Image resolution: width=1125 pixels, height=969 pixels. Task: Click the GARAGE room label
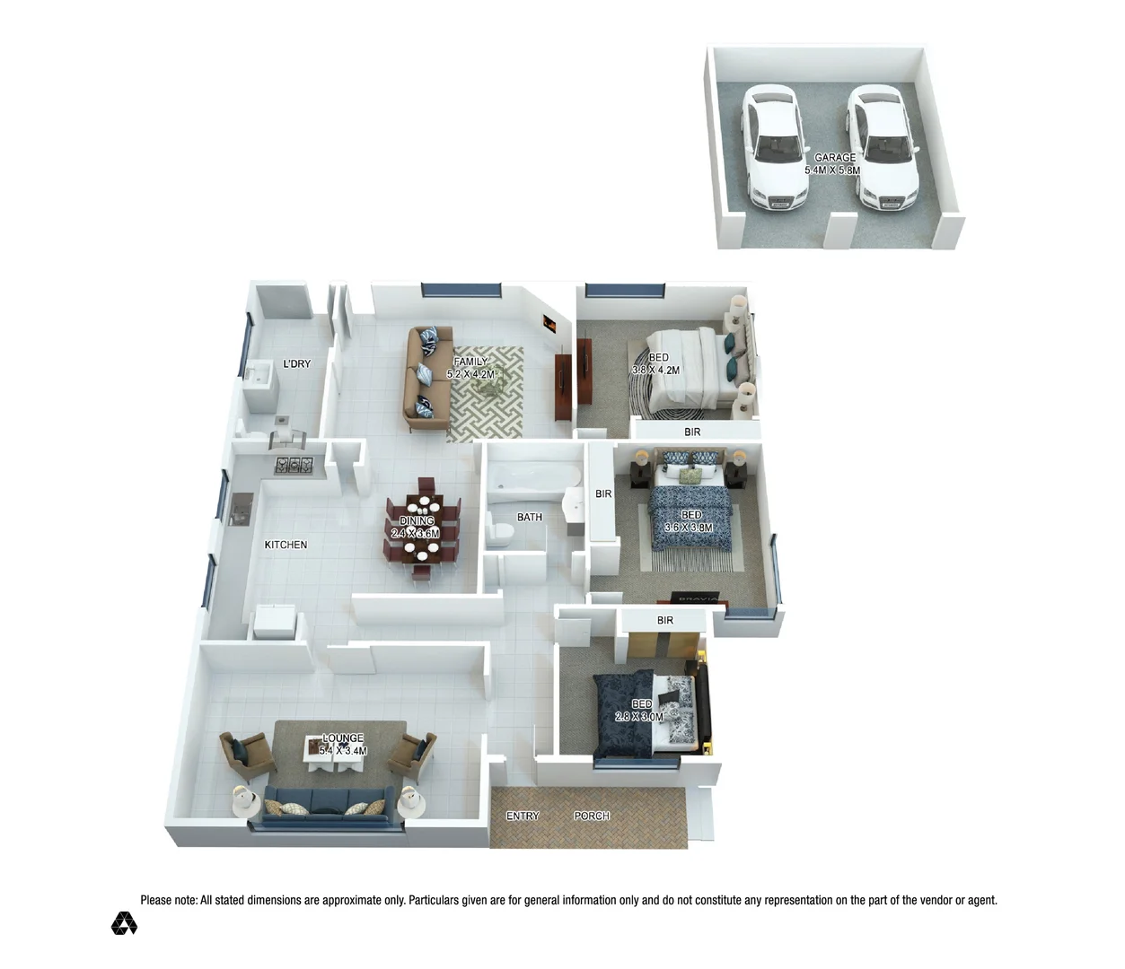click(835, 158)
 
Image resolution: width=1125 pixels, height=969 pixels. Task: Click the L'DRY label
click(296, 364)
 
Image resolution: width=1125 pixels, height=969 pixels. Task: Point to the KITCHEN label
click(286, 545)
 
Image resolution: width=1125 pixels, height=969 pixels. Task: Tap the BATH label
click(530, 518)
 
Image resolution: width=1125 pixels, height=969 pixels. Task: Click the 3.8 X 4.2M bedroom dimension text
click(655, 371)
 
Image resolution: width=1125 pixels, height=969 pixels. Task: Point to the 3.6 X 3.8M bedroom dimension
click(689, 528)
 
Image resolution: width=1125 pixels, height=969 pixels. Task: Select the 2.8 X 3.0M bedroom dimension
click(639, 717)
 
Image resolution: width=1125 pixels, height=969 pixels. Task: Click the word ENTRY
click(523, 816)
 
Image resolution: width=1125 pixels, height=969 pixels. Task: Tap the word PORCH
click(592, 816)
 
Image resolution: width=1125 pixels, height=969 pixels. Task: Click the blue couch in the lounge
click(327, 804)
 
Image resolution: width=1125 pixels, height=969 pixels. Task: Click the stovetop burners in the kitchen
click(294, 465)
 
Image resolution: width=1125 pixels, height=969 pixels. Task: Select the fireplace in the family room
click(549, 323)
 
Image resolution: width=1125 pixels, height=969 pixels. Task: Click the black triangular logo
click(124, 923)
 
